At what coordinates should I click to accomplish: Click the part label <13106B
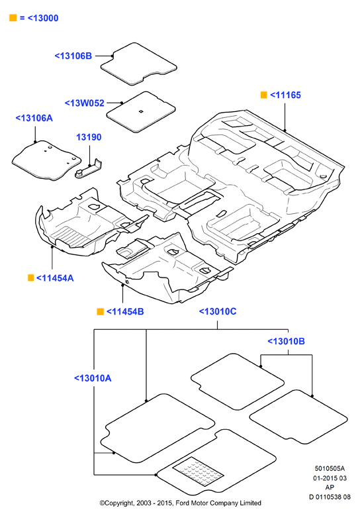pos(73,56)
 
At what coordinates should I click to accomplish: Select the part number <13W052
pos(85,103)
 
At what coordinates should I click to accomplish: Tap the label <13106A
pos(34,118)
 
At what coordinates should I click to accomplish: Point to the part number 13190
pos(89,137)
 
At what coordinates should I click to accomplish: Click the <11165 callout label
pos(285,95)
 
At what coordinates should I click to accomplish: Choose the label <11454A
pos(55,278)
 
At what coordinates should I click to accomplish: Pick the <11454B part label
pos(125,311)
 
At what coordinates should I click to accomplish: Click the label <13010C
pos(218,311)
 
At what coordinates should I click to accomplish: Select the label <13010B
pos(286,341)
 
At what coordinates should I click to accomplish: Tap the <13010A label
pos(93,378)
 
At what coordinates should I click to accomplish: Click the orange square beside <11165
pos(263,95)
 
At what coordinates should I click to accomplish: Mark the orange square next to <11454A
pos(30,278)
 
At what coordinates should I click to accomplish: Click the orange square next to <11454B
pos(101,311)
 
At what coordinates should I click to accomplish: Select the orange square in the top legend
pos(13,18)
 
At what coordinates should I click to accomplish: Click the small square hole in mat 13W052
pos(141,111)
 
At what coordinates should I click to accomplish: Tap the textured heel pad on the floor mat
pos(198,472)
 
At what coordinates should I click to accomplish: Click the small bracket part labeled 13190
pos(89,168)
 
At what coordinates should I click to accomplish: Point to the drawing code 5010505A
pos(330,468)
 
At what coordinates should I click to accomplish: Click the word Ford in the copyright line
pos(183,503)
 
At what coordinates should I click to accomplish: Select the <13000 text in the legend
pos(43,18)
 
